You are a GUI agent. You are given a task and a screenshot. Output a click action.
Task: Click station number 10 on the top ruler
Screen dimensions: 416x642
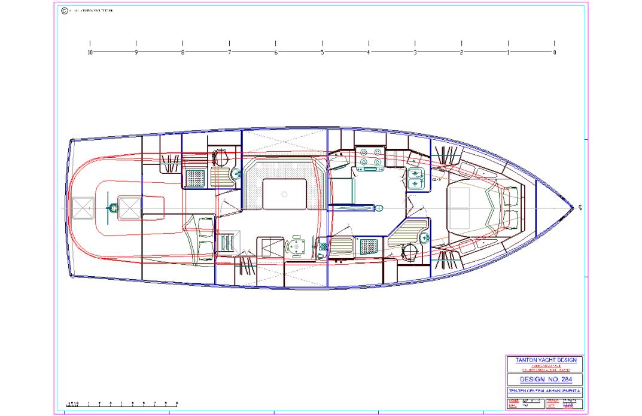90,53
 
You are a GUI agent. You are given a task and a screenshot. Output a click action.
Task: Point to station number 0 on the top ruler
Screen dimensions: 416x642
555,53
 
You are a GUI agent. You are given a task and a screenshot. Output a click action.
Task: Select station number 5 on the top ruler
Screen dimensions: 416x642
322,53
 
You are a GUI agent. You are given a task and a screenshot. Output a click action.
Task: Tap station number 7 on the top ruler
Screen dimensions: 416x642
229,53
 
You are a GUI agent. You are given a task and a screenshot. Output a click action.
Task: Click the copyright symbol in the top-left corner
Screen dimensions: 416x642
65,11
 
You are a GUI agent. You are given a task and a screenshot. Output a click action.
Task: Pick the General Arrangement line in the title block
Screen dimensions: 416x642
544,391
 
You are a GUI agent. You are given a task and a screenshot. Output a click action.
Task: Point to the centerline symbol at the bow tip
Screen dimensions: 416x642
580,208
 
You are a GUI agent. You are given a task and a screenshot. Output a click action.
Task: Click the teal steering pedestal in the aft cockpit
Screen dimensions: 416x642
111,207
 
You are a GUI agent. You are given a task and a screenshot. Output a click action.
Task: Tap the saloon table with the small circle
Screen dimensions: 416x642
284,194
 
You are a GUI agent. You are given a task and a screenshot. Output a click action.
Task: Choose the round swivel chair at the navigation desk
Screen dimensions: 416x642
295,246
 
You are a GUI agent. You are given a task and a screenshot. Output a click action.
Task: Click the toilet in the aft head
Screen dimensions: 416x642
221,157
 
